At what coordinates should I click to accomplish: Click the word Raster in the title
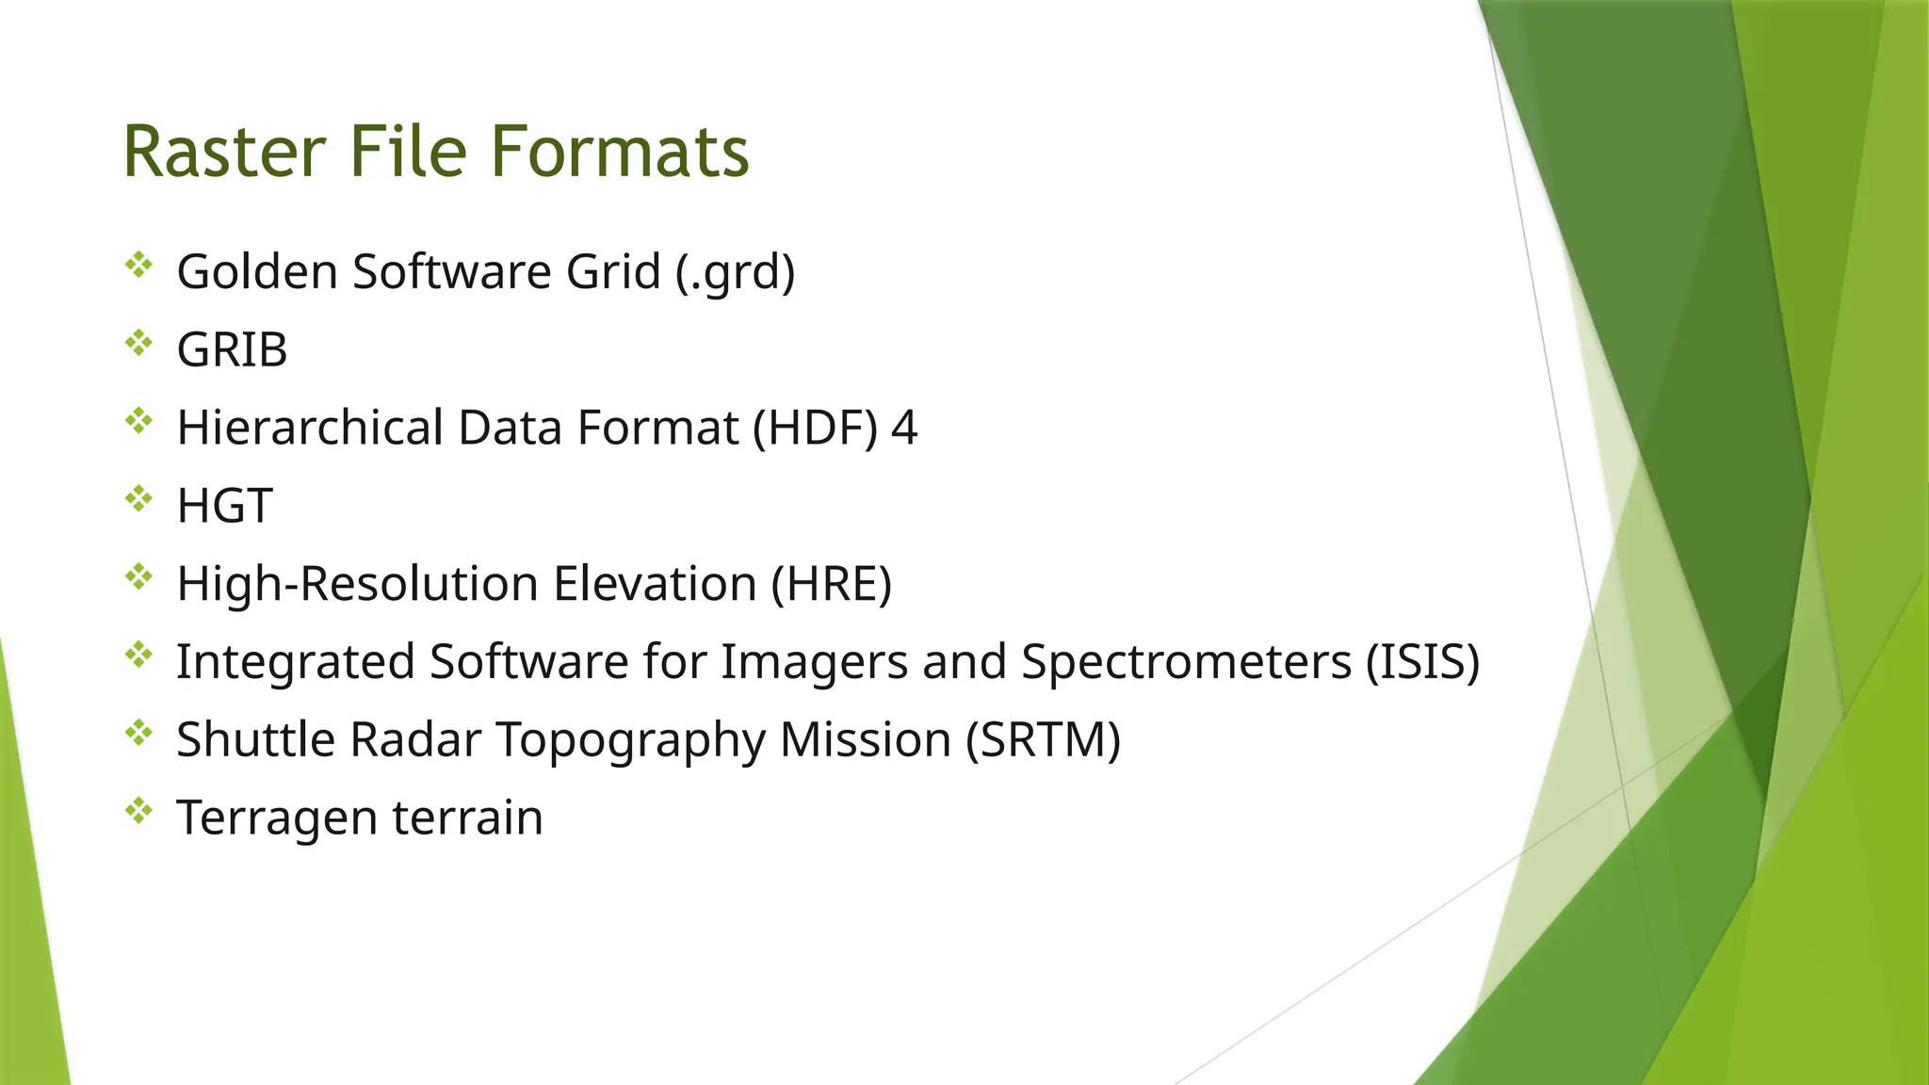[224, 152]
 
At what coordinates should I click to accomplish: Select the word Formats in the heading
[620, 152]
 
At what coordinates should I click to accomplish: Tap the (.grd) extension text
[736, 272]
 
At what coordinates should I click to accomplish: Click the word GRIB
[232, 350]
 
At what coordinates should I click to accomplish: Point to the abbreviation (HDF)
[815, 429]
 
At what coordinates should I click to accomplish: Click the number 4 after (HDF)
[904, 429]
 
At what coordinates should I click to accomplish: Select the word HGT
[224, 507]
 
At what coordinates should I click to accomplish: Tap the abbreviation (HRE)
[832, 584]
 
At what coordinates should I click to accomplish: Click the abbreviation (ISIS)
[1422, 662]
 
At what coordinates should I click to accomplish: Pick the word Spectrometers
[1187, 662]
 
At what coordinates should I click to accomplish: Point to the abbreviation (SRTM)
[1044, 740]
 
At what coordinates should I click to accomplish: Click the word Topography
[630, 740]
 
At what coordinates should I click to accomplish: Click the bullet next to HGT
[138, 498]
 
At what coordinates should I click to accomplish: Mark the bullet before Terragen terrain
[138, 810]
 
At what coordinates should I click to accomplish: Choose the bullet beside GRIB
[138, 343]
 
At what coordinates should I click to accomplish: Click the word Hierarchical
[310, 429]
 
